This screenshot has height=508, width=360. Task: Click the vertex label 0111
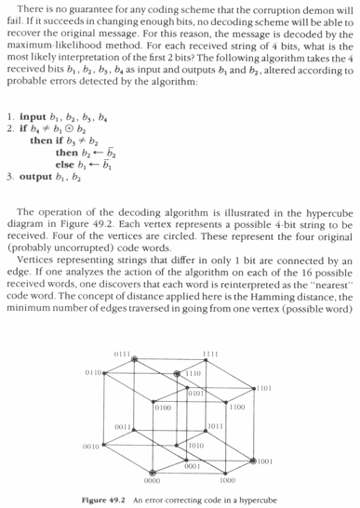coord(122,354)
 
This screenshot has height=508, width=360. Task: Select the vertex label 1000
coord(227,481)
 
